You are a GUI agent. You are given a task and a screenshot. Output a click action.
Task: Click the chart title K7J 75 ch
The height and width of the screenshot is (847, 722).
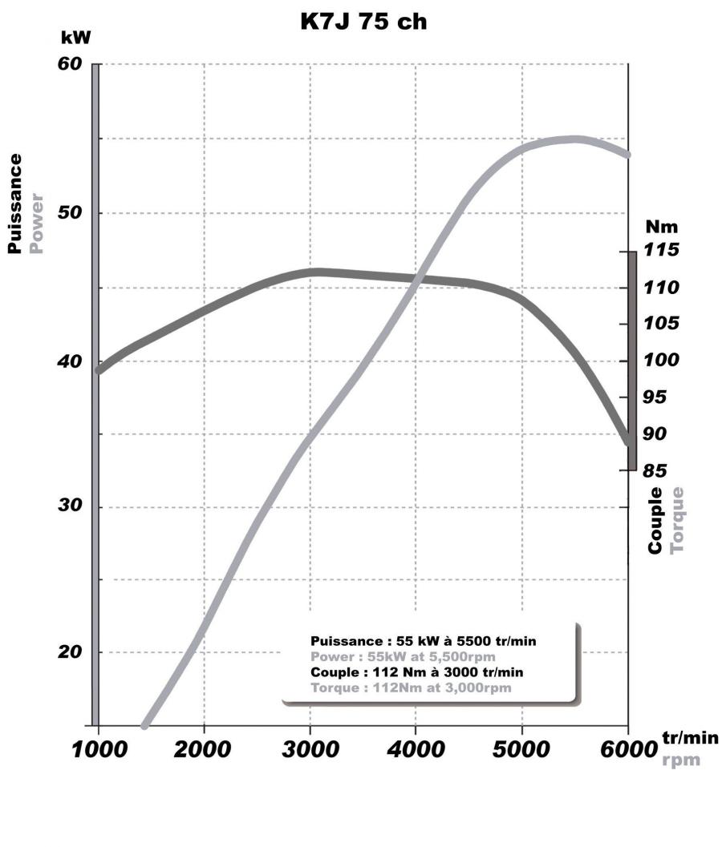coord(363,22)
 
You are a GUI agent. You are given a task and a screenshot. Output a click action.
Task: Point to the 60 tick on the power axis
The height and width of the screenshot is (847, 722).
coord(71,64)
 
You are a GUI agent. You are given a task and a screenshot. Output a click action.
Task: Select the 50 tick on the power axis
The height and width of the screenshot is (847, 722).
coord(71,213)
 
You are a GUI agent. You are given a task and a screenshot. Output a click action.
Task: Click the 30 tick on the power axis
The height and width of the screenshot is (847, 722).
coord(71,507)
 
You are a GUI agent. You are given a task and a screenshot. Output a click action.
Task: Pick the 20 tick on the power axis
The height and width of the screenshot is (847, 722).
coord(71,652)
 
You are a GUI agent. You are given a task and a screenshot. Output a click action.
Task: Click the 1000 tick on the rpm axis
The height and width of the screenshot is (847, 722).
coord(99,752)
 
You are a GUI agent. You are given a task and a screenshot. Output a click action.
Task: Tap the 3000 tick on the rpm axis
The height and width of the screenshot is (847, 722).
coord(310,752)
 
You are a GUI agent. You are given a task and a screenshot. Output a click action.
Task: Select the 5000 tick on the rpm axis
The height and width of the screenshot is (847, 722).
coord(522,752)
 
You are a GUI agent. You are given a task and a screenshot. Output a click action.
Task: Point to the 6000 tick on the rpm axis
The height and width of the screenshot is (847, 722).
coord(628,752)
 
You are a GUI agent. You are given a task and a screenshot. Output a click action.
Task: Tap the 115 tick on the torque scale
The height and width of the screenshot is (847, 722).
coord(663,251)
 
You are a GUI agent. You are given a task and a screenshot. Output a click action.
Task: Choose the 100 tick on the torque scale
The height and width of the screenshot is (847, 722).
coord(663,361)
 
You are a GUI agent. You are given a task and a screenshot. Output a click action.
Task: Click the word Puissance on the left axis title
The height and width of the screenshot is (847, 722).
coord(14,204)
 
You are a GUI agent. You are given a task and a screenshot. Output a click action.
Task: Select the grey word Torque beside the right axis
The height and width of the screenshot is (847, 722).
coord(677,520)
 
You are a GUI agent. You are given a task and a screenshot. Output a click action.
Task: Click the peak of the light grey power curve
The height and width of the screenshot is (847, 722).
coord(575,139)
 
